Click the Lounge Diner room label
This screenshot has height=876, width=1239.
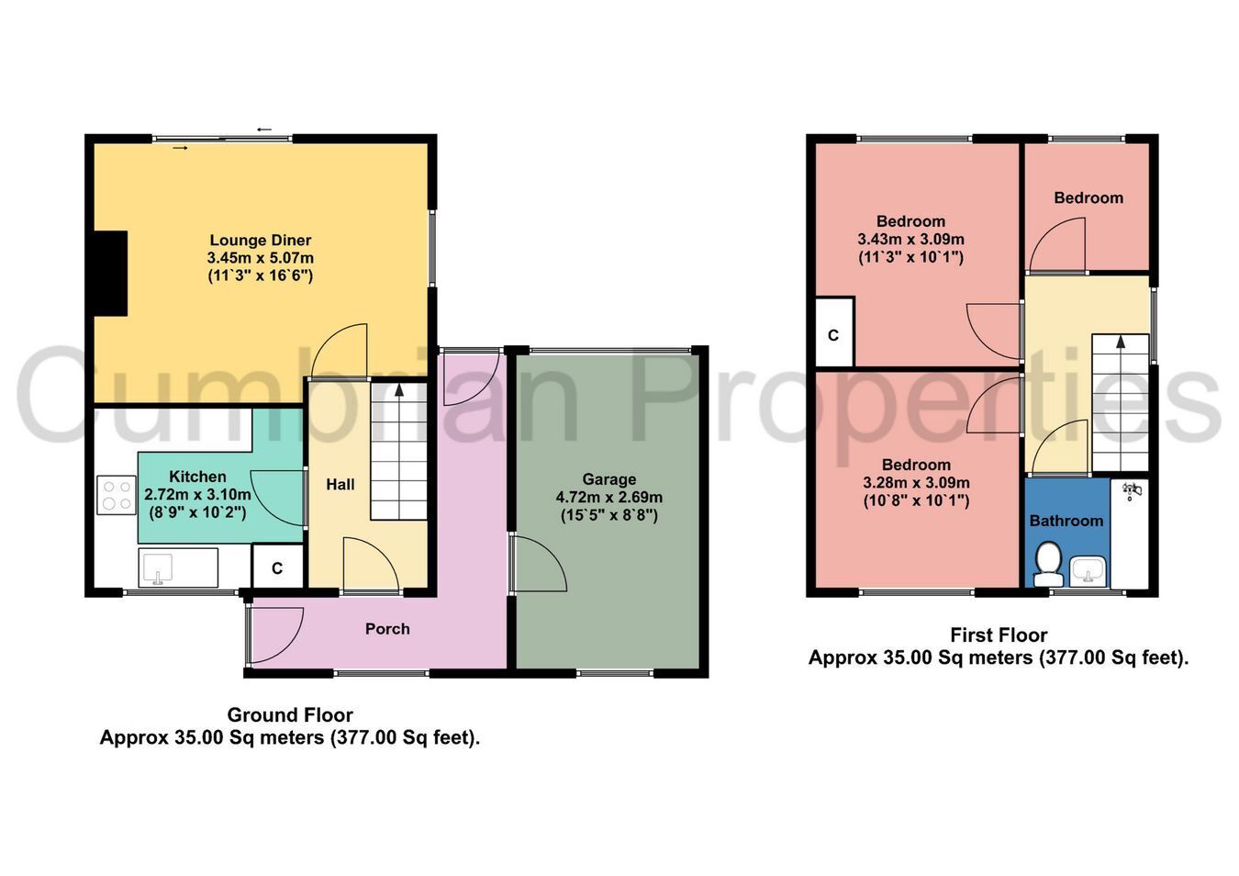tap(260, 241)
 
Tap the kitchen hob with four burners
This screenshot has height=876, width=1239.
tap(117, 495)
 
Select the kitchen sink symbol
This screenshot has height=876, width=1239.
tap(158, 569)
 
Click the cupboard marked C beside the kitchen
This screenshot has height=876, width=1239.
tap(278, 567)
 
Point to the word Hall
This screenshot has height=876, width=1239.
tap(340, 485)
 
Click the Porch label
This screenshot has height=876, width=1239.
tap(387, 629)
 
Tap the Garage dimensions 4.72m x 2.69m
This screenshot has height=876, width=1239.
tap(609, 497)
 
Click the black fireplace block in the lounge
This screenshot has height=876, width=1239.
tap(111, 274)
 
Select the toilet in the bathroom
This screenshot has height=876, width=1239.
tap(1048, 564)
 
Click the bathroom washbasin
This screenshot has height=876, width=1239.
tap(1088, 571)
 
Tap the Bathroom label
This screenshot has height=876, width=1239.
tap(1066, 521)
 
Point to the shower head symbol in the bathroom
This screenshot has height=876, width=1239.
tap(1130, 490)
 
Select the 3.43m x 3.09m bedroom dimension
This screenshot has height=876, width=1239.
tap(910, 240)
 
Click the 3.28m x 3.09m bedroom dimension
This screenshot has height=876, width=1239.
tap(916, 483)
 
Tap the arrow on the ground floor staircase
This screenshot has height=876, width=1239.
tap(399, 390)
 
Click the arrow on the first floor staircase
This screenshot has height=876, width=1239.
tap(1121, 342)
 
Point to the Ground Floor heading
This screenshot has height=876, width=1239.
tap(290, 715)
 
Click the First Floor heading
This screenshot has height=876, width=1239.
tap(999, 635)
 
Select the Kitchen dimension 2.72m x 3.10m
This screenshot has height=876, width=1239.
tap(197, 494)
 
